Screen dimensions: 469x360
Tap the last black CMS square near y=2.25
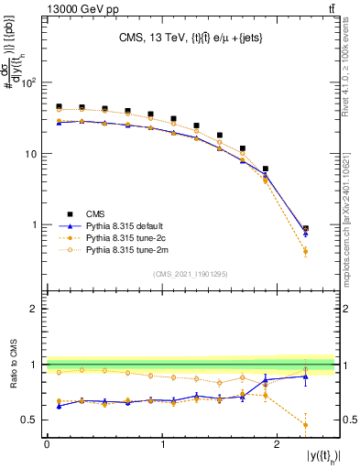point(305,228)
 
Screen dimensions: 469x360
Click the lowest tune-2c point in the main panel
point(305,251)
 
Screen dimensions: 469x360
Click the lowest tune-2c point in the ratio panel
point(305,425)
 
